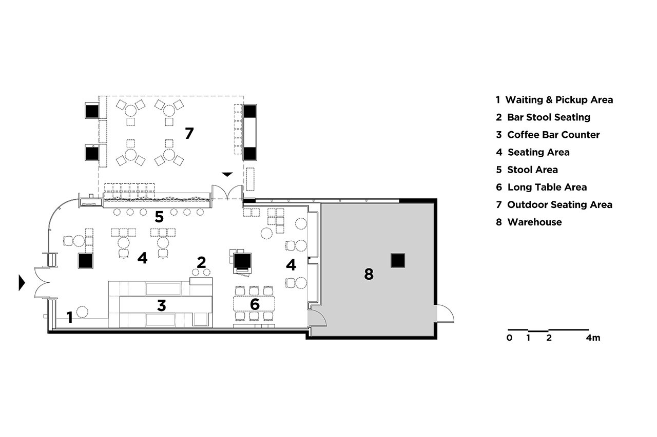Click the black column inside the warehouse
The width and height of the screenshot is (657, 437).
(398, 260)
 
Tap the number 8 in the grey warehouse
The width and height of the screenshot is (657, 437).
(369, 274)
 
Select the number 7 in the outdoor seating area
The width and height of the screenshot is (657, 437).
(189, 133)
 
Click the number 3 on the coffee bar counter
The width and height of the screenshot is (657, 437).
(162, 305)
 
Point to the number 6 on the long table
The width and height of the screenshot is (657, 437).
(255, 304)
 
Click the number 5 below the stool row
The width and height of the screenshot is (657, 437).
(159, 217)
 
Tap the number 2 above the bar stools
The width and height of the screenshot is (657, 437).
(201, 262)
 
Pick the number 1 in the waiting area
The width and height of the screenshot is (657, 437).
(69, 317)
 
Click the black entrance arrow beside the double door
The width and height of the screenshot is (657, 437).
(22, 282)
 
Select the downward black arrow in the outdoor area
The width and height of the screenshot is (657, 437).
(227, 175)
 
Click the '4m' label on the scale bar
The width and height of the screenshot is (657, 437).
(593, 338)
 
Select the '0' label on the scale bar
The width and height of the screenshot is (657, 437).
(509, 338)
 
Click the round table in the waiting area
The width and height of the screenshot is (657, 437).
(82, 312)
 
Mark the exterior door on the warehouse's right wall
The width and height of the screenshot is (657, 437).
(445, 314)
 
